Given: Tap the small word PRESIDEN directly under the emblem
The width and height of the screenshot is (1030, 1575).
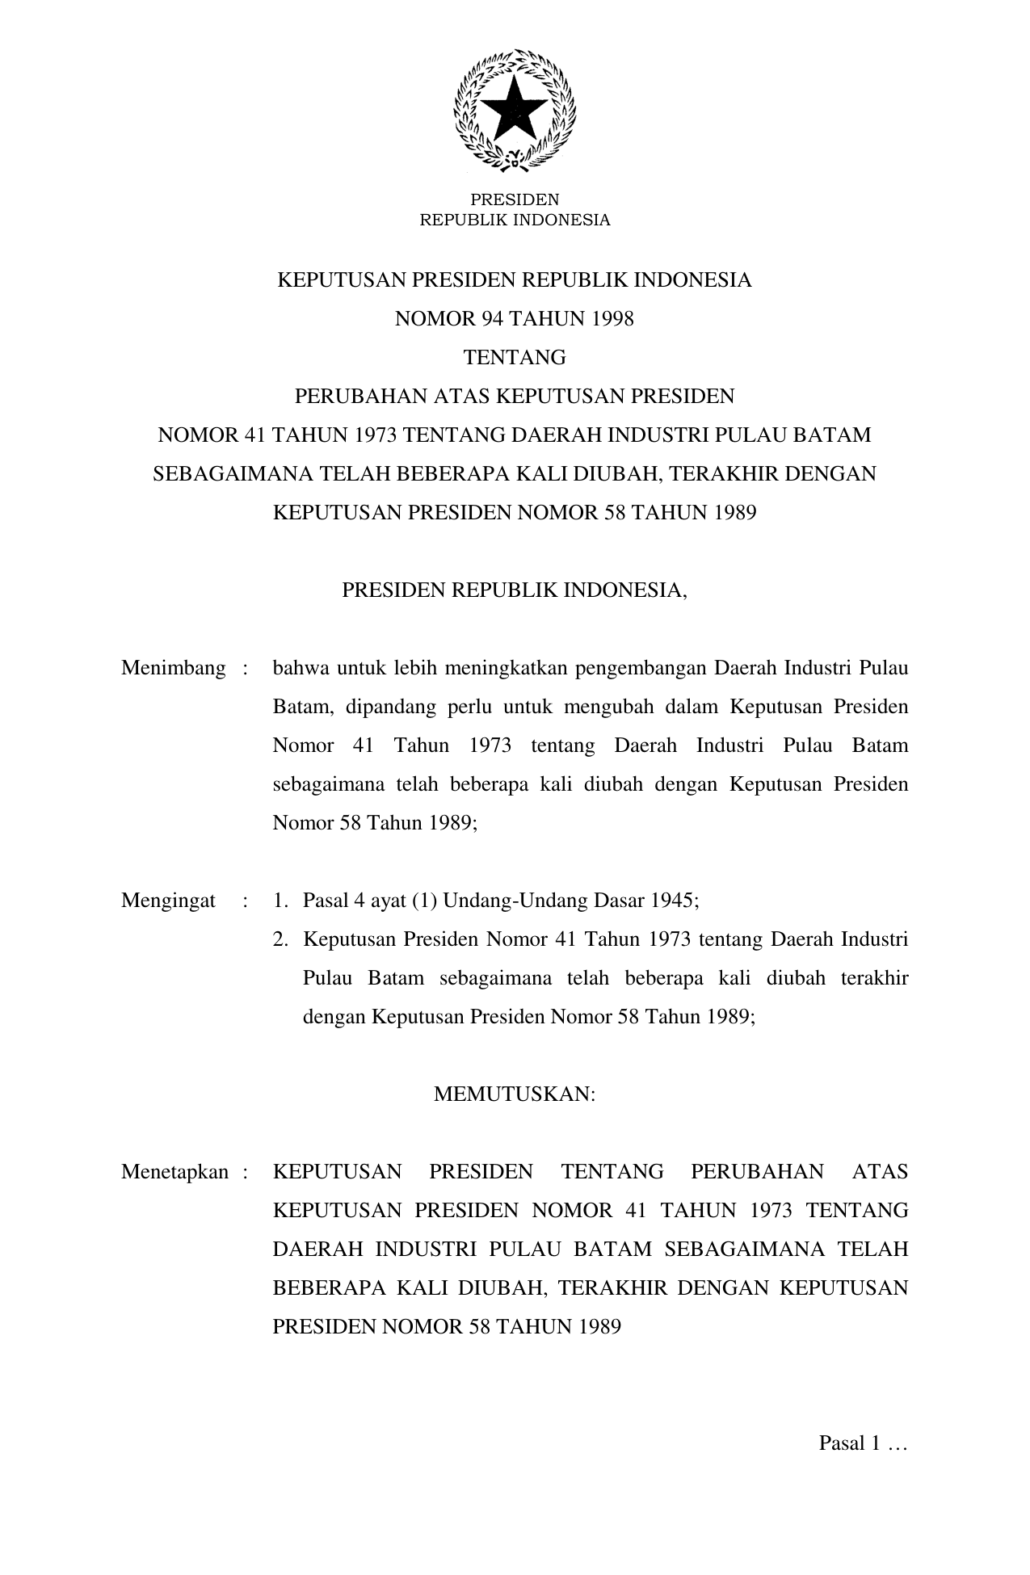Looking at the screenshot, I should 515,199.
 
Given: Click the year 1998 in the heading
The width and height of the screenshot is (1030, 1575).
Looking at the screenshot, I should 612,319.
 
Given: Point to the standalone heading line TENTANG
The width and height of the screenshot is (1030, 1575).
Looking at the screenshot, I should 515,358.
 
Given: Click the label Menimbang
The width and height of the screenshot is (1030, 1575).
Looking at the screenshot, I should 173,669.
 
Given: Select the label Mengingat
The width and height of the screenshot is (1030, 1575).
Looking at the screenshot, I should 168,901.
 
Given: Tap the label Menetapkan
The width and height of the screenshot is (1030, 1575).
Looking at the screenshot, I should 174,1172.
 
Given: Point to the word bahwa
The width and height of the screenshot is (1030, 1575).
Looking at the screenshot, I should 299,669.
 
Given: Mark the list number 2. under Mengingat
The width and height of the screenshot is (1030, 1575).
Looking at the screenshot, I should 280,939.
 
